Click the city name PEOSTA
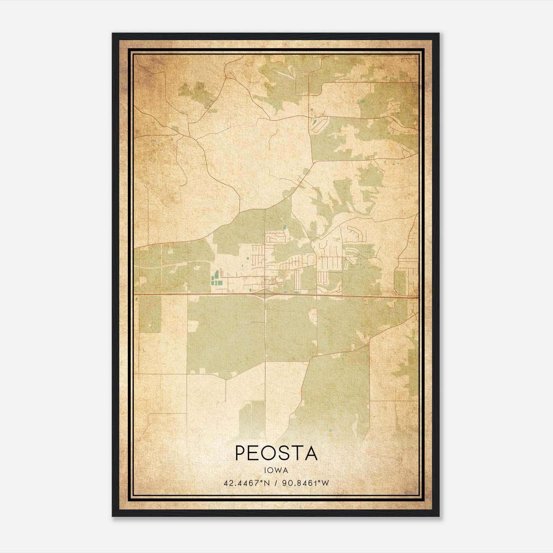coord(276,453)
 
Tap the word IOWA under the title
coord(276,470)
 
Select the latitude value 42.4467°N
coord(246,483)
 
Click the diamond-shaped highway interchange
coord(265,294)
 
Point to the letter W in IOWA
coord(279,470)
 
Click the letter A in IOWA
coord(286,470)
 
